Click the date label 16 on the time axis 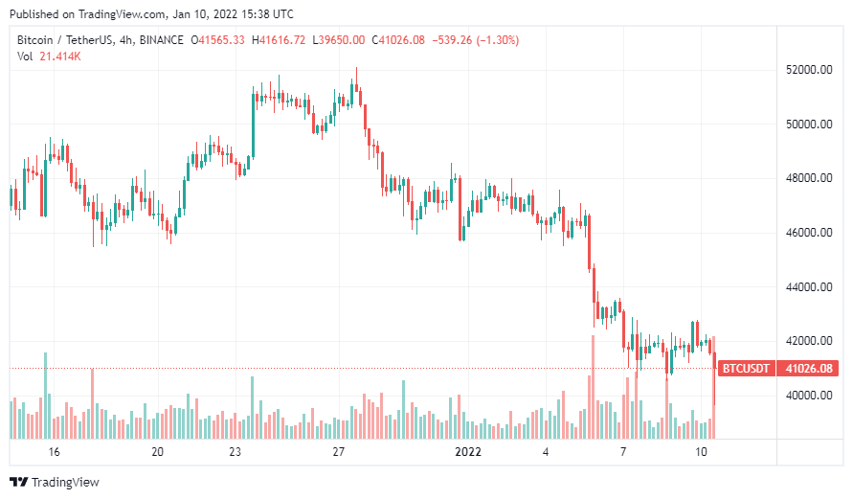coord(54,452)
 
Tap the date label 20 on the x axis coord(158,452)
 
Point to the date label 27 coord(338,452)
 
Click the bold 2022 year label coord(468,452)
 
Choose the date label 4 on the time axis coord(546,452)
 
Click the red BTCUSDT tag coord(745,369)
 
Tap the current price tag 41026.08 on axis coord(808,369)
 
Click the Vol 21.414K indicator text coord(49,57)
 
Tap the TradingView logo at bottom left coord(55,482)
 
